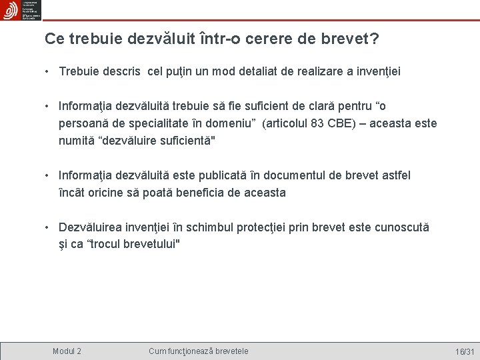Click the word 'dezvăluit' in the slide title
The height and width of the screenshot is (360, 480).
point(155,39)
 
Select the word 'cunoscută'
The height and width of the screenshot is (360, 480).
point(403,227)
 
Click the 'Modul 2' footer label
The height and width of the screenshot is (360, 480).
point(67,351)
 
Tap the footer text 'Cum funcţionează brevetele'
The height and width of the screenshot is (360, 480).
point(198,351)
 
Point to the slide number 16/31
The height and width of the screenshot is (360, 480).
point(464,351)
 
